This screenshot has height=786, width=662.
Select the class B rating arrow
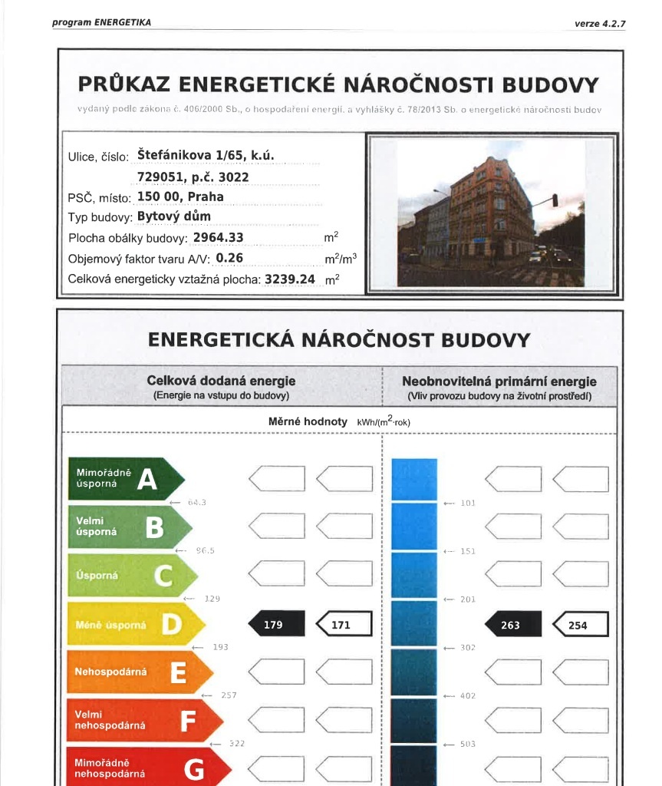(x=130, y=527)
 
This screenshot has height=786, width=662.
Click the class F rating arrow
(x=145, y=720)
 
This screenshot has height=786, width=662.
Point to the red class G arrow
(x=149, y=768)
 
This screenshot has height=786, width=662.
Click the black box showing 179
(x=276, y=625)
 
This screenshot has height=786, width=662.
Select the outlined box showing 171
(x=344, y=625)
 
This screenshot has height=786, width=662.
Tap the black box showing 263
(x=513, y=625)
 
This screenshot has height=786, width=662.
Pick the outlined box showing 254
(x=581, y=625)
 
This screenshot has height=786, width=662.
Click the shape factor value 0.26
(x=229, y=259)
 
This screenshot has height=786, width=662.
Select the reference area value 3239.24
(x=290, y=279)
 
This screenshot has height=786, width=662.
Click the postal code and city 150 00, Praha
(x=180, y=196)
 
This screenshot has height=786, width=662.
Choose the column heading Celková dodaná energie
(x=221, y=381)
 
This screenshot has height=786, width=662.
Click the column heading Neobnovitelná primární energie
(x=499, y=381)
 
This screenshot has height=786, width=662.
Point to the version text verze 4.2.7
(x=600, y=24)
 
